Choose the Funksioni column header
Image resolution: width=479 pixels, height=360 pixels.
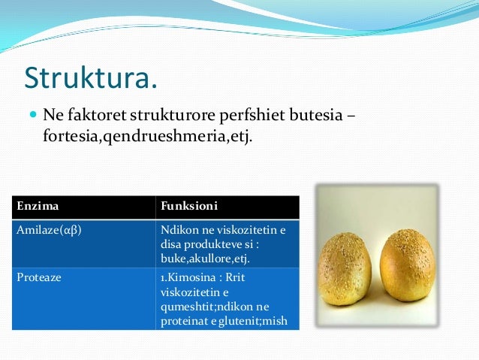point(189,206)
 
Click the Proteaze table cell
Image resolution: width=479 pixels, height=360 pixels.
point(39,277)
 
